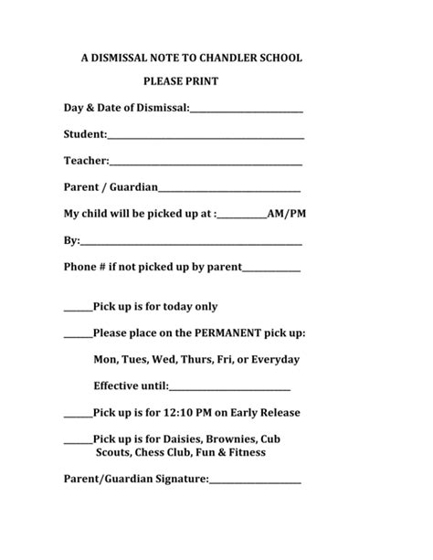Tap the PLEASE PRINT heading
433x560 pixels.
[x=180, y=82]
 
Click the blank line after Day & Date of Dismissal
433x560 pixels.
[x=247, y=111]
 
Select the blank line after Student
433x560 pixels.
[x=206, y=138]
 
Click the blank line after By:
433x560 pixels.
[x=191, y=244]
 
